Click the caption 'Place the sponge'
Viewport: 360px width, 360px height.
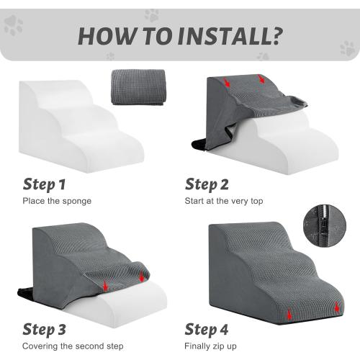pos(57,200)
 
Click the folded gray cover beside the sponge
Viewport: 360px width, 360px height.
pos(138,87)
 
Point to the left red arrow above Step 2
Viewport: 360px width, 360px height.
pos(228,84)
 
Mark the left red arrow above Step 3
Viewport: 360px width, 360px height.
pos(106,287)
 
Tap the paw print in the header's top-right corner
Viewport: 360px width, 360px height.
pos(348,48)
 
